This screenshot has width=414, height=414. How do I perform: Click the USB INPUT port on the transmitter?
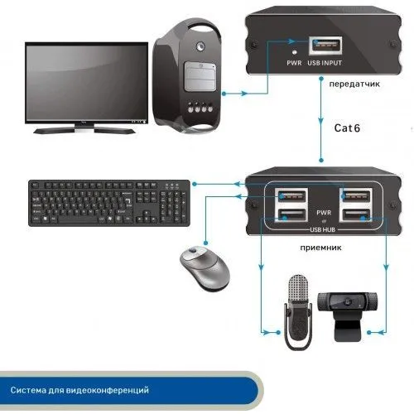(325, 46)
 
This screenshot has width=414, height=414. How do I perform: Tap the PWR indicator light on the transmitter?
(295, 52)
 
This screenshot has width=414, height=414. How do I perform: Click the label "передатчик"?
(354, 84)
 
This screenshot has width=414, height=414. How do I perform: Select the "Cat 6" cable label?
(347, 128)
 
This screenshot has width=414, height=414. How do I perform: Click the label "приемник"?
(320, 248)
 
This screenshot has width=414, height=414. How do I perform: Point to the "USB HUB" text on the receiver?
(322, 229)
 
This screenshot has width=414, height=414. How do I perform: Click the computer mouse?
(205, 267)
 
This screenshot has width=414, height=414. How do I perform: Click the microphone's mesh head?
(298, 289)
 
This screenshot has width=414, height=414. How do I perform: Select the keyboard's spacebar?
(79, 219)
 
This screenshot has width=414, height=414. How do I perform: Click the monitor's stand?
(85, 128)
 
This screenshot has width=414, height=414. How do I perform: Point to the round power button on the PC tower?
(200, 46)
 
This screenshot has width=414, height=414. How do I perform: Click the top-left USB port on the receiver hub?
(291, 196)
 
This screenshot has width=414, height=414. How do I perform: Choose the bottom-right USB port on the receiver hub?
(356, 215)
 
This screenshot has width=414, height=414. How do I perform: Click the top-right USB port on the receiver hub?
(356, 196)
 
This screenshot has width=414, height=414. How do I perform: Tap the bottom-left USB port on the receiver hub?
(291, 215)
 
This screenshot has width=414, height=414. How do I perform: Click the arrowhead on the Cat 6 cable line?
(320, 121)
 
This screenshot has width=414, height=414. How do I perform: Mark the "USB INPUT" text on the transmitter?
(325, 63)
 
